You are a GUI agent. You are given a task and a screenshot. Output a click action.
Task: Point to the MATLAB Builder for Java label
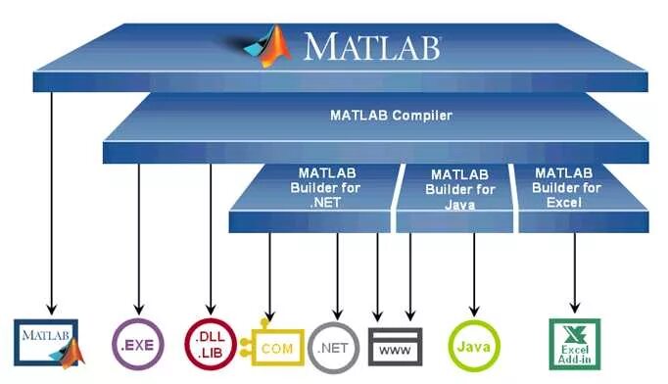[x=459, y=188]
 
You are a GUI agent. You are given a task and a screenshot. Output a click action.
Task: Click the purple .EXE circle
[x=136, y=344]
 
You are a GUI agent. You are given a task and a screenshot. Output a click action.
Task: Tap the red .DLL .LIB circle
[x=207, y=344]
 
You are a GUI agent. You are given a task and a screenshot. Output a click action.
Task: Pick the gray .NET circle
[x=332, y=346]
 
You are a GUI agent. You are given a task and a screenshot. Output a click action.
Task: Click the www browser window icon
[x=395, y=346]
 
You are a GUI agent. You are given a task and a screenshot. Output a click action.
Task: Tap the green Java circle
[x=473, y=345]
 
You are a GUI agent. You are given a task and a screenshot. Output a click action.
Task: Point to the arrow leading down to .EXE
[x=138, y=235]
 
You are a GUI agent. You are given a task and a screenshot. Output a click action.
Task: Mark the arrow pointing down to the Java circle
[x=474, y=269]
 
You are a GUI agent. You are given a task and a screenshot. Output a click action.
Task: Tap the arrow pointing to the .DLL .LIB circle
[x=208, y=235]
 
